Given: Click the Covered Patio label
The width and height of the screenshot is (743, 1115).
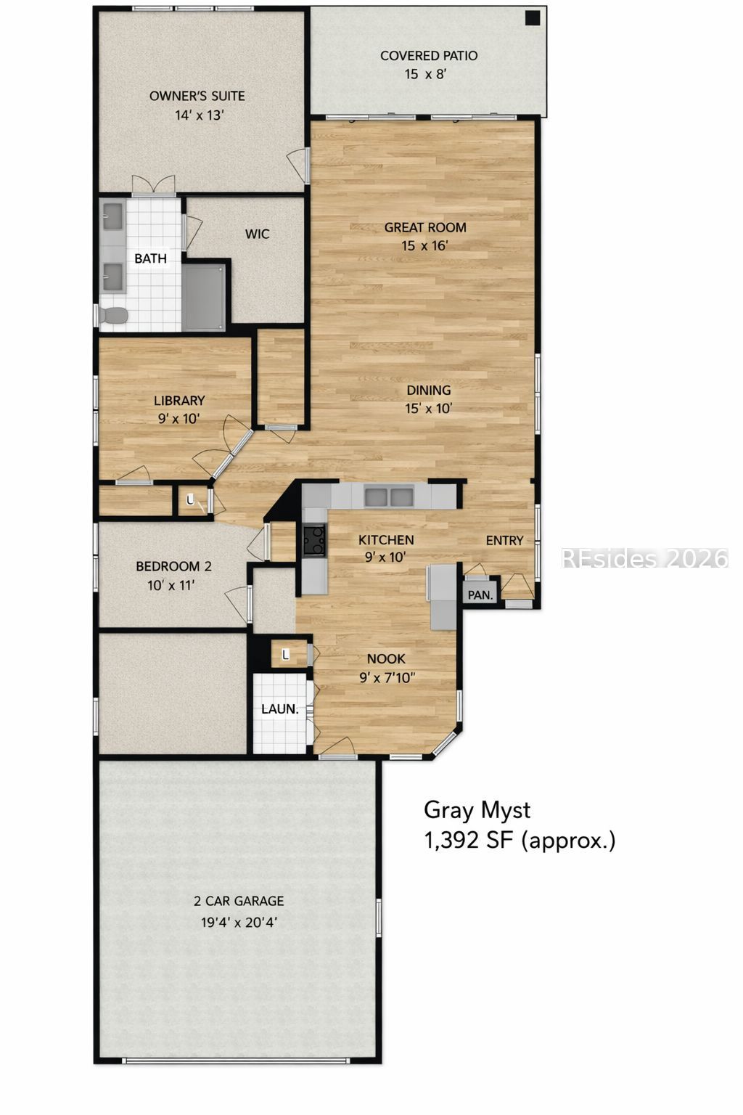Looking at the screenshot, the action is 429,56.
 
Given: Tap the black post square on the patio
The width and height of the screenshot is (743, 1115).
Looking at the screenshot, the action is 533,18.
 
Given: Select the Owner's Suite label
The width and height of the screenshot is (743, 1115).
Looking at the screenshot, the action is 197,96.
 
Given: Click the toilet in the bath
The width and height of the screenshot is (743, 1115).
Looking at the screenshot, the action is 114,315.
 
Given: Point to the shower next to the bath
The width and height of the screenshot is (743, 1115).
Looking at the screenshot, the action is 203,297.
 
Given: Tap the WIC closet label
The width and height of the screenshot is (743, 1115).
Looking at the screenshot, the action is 258,234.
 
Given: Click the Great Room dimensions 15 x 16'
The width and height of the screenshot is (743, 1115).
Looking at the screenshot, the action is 425,246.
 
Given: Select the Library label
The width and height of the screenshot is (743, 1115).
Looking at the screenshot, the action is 179,400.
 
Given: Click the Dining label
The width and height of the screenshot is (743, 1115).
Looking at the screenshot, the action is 429,391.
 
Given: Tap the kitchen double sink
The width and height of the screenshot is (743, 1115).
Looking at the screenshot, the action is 389,497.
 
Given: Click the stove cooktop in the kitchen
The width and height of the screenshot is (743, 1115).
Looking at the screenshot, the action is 314,541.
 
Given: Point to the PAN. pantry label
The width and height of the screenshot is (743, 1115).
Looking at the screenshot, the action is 480,595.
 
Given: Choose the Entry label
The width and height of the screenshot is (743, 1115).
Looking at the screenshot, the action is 504,541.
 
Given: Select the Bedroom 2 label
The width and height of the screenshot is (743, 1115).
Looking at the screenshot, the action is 173,566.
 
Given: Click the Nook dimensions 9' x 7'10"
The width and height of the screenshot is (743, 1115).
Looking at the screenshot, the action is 387,677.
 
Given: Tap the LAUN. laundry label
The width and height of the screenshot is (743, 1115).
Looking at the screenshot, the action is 279,708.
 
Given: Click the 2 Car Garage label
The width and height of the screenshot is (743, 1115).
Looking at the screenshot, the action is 239,901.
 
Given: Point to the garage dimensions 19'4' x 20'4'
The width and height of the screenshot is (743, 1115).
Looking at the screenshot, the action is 239,923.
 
